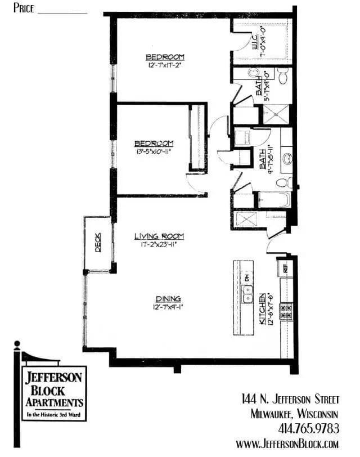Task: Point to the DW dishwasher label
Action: [x=246, y=277]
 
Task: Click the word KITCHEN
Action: [x=262, y=309]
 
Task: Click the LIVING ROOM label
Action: [x=159, y=236]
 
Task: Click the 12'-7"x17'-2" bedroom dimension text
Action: [x=165, y=65]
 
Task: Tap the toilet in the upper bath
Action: [x=283, y=75]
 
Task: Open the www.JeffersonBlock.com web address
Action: [x=287, y=444]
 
